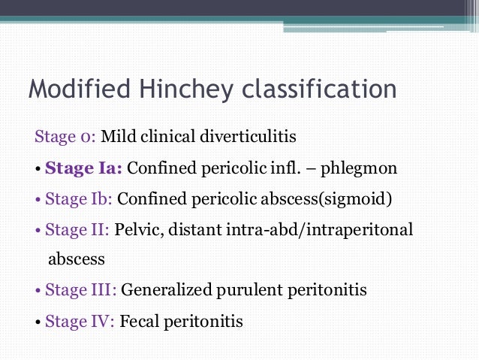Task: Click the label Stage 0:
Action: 65,137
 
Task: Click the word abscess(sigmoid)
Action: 330,199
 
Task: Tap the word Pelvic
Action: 138,229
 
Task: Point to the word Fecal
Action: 138,321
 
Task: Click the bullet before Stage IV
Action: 38,322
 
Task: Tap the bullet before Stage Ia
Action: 38,168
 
